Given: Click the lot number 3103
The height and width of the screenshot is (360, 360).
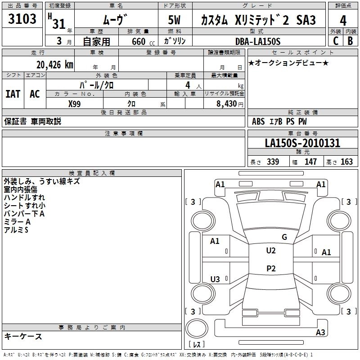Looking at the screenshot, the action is click(x=22, y=19).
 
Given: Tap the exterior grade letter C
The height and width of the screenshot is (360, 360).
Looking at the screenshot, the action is click(x=336, y=41).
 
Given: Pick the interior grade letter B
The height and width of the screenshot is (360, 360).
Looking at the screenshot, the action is click(x=350, y=41).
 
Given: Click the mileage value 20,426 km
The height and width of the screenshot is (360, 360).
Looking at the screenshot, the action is click(x=54, y=65).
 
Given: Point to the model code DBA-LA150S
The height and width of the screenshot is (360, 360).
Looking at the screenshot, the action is click(x=258, y=41).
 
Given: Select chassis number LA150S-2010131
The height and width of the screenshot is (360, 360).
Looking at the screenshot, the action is click(x=302, y=143).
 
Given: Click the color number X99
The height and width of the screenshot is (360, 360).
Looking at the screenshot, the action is click(x=74, y=104).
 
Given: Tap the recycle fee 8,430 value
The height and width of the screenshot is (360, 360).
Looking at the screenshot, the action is click(x=227, y=104).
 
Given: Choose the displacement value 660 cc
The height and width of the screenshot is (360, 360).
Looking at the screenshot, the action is click(x=143, y=42).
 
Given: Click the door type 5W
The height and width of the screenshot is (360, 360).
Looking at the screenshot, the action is click(x=174, y=20).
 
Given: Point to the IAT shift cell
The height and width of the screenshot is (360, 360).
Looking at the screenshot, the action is click(x=13, y=94).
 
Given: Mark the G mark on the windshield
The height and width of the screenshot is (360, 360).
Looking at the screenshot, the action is click(x=284, y=237).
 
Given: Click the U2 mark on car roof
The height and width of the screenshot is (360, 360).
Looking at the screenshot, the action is click(x=271, y=251).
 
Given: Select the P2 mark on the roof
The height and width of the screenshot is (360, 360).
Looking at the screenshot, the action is click(x=271, y=268).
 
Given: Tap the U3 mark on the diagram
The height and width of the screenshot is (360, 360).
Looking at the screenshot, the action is click(x=215, y=279).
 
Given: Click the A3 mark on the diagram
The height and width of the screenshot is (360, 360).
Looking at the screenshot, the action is click(x=320, y=332).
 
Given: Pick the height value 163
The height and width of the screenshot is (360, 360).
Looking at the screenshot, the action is click(x=346, y=162).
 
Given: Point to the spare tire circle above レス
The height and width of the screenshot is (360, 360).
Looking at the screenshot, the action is click(x=197, y=328).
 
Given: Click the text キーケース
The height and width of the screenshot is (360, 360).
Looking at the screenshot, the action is click(x=23, y=337).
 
